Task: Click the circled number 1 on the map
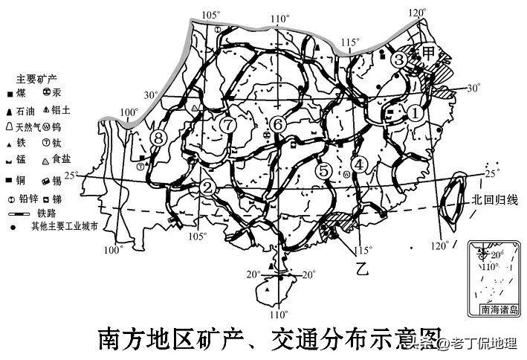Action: (416, 112)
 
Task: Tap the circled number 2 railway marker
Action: (208, 186)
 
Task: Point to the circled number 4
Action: (361, 165)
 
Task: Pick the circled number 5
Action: (323, 170)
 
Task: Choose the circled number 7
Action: (228, 124)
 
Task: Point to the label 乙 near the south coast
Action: (362, 266)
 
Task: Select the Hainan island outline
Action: (269, 289)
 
